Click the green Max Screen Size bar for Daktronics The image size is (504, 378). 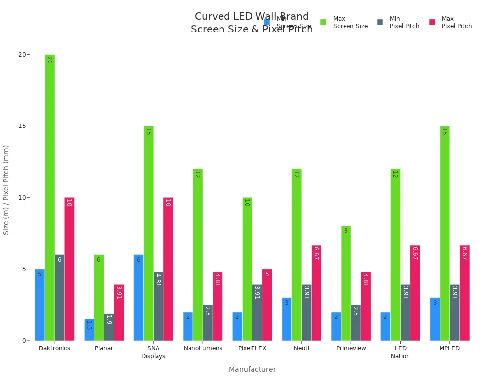(x=50, y=197)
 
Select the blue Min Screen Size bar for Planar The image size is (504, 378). (x=89, y=330)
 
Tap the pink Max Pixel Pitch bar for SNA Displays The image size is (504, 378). (x=168, y=269)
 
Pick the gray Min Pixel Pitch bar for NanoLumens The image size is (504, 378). (x=208, y=322)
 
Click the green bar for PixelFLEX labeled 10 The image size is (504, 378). (x=247, y=269)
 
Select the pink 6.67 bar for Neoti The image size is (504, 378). (x=316, y=293)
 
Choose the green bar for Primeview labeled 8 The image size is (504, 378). (x=346, y=283)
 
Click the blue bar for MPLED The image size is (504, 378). (x=435, y=319)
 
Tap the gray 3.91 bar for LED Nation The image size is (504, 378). (x=405, y=313)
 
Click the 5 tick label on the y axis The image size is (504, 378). (x=24, y=269)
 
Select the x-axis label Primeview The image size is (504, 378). (x=351, y=348)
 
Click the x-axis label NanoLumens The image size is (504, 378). (x=203, y=348)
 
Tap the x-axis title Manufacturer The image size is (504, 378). (x=252, y=369)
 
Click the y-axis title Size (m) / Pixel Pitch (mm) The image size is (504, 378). (x=6, y=189)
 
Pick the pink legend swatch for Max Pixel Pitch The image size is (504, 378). (x=432, y=22)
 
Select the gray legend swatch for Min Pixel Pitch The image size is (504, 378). (x=380, y=22)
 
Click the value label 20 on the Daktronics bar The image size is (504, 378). (x=49, y=60)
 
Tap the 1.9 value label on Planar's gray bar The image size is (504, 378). (x=109, y=320)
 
